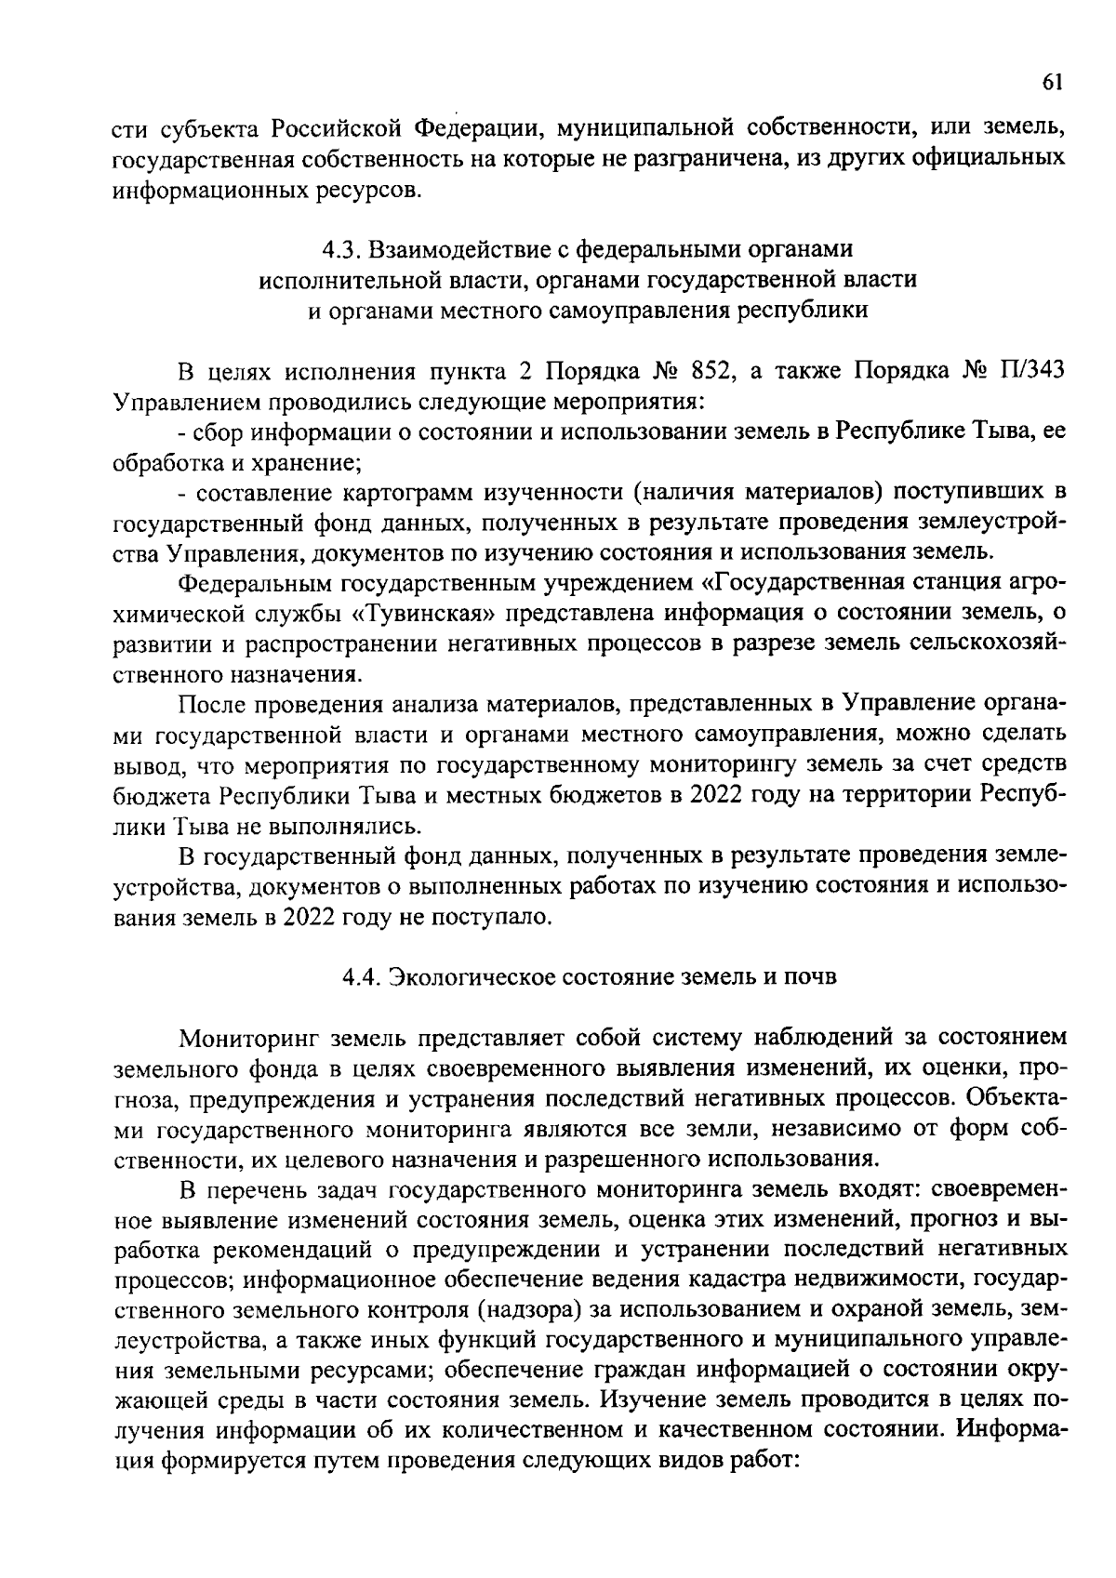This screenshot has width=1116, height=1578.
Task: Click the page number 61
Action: (x=1051, y=83)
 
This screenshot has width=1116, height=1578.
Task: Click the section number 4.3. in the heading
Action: (x=341, y=250)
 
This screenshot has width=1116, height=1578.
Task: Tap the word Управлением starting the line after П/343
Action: (x=187, y=403)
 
